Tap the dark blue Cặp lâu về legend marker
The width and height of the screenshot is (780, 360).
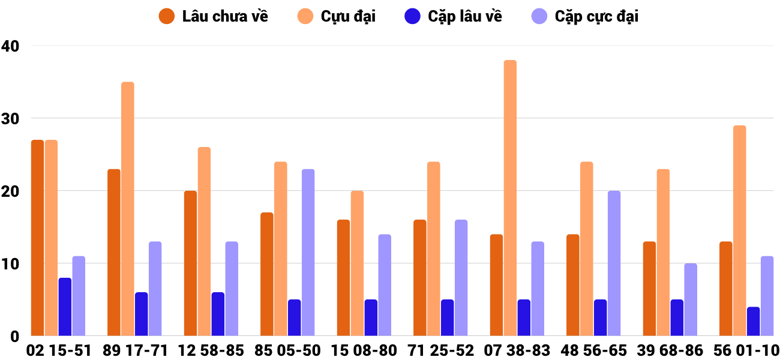click(412, 16)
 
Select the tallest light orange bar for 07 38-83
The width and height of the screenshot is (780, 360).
click(510, 198)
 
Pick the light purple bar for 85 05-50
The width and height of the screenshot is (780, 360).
click(308, 252)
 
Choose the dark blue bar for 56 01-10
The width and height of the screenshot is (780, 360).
click(753, 322)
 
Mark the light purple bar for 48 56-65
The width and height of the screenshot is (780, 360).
click(614, 263)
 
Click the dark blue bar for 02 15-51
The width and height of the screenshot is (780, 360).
click(65, 307)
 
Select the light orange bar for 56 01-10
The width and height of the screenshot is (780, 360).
click(739, 230)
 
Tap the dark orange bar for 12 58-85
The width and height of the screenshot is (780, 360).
click(190, 263)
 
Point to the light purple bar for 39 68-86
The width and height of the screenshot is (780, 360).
click(691, 299)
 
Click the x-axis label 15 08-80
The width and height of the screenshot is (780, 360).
click(364, 350)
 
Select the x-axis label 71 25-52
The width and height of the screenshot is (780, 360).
click(440, 350)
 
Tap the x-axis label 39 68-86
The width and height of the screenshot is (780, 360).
click(670, 350)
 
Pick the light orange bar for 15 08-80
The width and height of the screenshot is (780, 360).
click(357, 263)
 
